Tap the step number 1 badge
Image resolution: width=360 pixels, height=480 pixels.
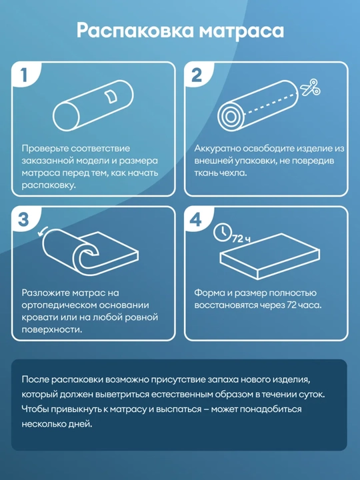tap(24, 75)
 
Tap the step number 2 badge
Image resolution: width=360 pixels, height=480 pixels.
tap(197, 75)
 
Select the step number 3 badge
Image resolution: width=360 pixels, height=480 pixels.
tap(23, 219)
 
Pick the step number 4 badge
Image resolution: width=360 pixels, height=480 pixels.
tap(196, 219)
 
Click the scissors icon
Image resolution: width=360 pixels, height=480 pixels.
tap(310, 87)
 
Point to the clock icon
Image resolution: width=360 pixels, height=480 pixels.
tap(222, 233)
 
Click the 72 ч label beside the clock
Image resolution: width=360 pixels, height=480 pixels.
tap(241, 239)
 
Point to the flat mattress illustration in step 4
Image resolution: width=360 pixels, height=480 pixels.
tap(270, 256)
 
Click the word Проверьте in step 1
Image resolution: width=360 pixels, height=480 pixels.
tap(45, 149)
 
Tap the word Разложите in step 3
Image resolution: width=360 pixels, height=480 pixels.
tap(45, 293)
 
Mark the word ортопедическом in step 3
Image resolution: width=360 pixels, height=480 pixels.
tap(59, 305)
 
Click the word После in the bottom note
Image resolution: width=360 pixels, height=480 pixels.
tap(35, 379)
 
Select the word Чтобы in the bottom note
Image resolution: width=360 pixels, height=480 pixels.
tap(35, 409)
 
